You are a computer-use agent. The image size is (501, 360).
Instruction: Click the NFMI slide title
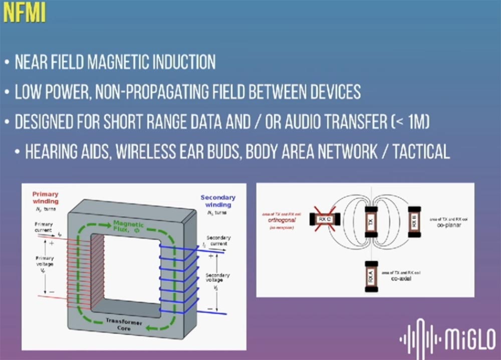coord(24,14)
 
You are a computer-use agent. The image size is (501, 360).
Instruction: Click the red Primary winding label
coord(45,197)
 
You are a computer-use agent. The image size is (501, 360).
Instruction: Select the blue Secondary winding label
coord(218,201)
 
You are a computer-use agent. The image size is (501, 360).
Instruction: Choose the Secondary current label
coord(219,240)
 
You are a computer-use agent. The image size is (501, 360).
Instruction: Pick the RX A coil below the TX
coord(371,277)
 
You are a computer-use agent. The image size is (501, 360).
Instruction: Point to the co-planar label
coord(448,225)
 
